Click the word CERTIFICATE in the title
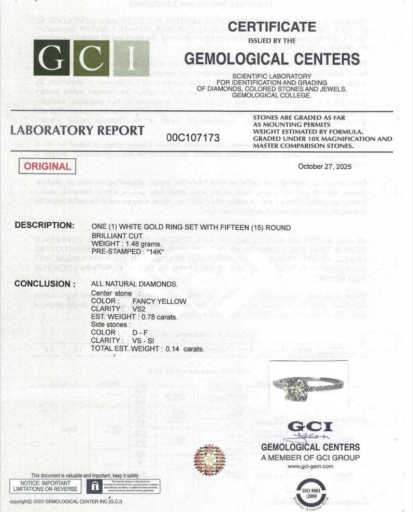tap(272, 26)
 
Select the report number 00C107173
tap(193, 138)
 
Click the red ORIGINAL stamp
tap(47, 166)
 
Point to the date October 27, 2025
tap(329, 166)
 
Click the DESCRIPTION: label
tap(45, 225)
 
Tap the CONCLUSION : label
tap(45, 284)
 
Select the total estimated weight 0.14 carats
tap(184, 349)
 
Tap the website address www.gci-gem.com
tap(310, 466)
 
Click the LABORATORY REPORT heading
tap(77, 130)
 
